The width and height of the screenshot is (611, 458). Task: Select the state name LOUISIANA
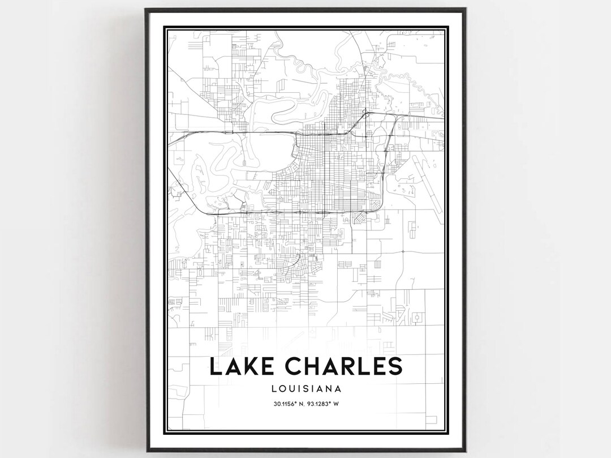coord(305,388)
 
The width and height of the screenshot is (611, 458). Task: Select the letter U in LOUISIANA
coord(292,388)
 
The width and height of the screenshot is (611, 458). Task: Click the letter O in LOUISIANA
coord(283,388)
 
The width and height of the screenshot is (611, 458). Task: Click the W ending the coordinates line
coord(336,404)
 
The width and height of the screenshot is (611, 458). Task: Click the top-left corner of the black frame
coord(145,8)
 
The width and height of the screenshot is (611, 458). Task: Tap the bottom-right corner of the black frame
coord(465,451)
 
